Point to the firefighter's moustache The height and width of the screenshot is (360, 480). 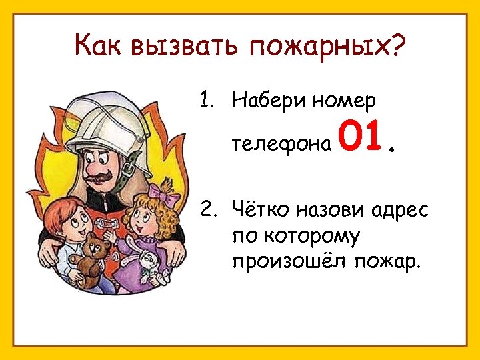(101, 179)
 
